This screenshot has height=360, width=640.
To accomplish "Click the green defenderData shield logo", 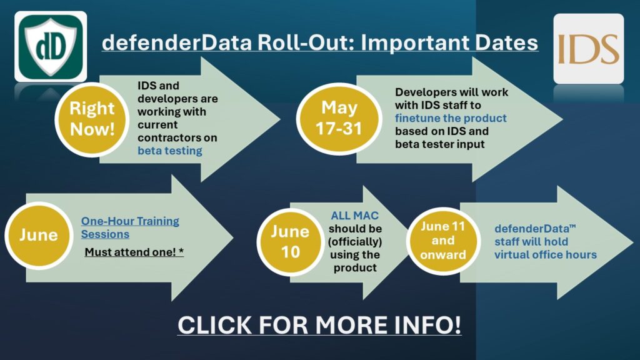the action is click(x=51, y=46).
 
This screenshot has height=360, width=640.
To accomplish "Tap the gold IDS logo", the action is click(x=588, y=49).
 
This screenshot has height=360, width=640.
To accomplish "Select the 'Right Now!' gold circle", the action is click(x=92, y=119).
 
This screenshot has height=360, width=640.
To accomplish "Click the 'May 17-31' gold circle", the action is click(x=339, y=119).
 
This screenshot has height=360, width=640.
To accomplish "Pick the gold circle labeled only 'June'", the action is click(x=39, y=236).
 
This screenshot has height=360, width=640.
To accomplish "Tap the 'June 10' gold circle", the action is click(x=291, y=242).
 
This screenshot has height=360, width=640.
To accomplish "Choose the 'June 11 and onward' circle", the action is click(x=443, y=241).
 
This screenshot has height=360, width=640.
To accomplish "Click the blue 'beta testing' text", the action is click(x=170, y=151).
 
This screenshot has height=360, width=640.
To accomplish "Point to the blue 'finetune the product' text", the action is click(x=451, y=118).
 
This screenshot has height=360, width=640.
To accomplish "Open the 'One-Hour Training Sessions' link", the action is click(x=130, y=227).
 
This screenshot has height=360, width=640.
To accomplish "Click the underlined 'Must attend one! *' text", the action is click(x=134, y=252).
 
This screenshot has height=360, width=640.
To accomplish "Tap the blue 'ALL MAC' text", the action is click(x=355, y=216).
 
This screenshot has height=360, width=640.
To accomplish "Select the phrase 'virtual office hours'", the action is click(x=545, y=255).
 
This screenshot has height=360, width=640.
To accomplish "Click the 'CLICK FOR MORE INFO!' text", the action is click(x=319, y=325).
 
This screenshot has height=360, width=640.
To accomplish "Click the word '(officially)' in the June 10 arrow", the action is click(x=355, y=242).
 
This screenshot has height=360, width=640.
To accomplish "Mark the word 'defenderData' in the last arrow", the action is click(x=532, y=229).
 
